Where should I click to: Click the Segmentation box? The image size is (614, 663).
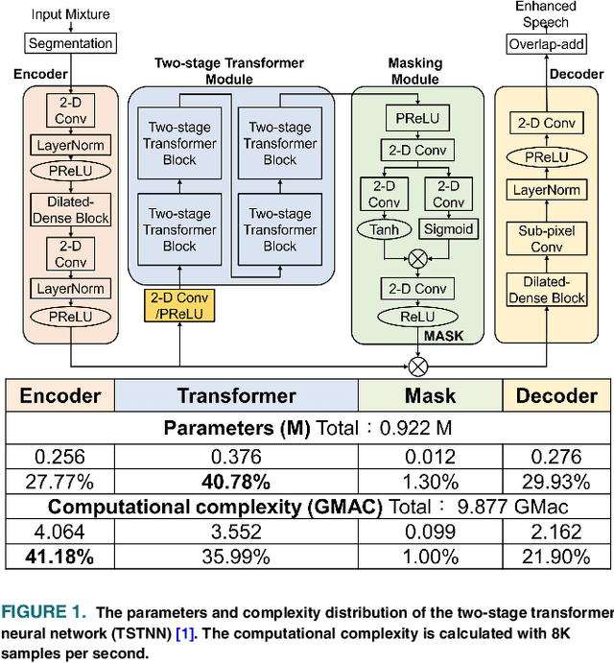[70, 43]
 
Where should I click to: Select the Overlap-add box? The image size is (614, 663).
[546, 43]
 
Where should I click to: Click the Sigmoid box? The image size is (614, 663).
[448, 229]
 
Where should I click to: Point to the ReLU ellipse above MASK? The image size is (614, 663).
[415, 317]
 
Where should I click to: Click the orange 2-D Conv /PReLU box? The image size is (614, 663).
[179, 304]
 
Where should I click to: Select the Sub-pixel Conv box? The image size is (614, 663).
[546, 239]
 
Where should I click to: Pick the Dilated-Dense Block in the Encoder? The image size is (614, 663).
[71, 210]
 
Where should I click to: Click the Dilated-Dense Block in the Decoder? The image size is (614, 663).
[546, 290]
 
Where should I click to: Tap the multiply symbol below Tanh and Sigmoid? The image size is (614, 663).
[417, 258]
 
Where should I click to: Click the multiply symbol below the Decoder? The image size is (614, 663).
[417, 366]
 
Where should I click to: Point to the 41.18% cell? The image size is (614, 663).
[59, 556]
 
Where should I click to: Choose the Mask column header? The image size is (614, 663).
[430, 395]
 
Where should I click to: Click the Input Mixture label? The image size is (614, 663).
[70, 14]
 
